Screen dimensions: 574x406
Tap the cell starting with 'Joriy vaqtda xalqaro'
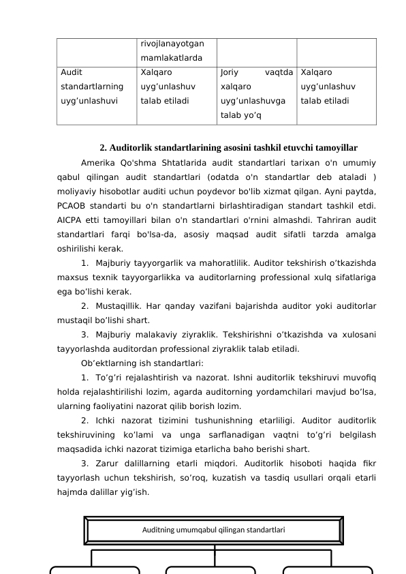[x=256, y=95]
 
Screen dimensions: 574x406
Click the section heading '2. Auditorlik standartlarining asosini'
[x=229, y=147]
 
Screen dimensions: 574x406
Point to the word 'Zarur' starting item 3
[x=110, y=464]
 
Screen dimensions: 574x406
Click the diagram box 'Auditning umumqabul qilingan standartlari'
[x=213, y=530]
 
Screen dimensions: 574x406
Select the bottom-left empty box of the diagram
[x=95, y=570]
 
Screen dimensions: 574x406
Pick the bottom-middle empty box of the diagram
[x=211, y=570]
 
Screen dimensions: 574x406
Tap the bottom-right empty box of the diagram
[x=328, y=570]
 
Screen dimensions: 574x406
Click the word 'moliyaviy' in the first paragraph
[x=77, y=192]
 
